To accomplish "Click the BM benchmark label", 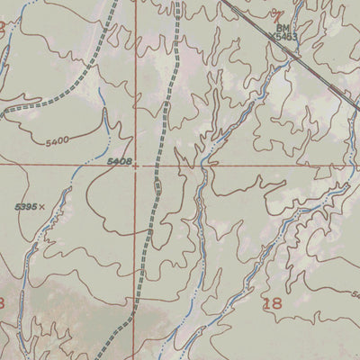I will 278,28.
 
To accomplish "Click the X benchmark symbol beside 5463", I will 269,37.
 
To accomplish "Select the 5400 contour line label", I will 56,141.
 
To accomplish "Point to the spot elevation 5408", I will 119,161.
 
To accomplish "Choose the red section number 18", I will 272,304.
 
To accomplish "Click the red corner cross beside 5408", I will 138,166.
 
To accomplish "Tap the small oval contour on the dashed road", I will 157,186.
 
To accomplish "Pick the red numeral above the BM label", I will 278,15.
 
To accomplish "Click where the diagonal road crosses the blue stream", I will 293,54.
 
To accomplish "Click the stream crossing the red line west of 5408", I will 79,166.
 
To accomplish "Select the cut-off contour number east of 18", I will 355,294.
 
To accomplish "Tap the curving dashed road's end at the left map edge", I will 2,112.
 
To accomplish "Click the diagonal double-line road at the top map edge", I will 222,2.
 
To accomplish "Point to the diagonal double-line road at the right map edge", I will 357,106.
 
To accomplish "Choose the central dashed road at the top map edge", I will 178,2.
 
